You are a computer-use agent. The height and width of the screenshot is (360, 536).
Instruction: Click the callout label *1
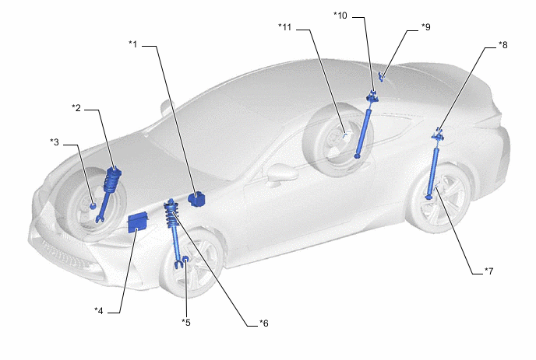click(132, 45)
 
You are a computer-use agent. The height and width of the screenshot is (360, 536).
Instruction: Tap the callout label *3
click(54, 142)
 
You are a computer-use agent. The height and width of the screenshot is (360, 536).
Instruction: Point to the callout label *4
click(99, 311)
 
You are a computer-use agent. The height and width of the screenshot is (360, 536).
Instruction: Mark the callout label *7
click(488, 271)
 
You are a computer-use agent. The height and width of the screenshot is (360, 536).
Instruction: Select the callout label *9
click(425, 27)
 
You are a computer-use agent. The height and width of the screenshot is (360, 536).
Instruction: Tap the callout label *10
click(341, 15)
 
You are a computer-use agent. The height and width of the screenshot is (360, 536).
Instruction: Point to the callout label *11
click(285, 27)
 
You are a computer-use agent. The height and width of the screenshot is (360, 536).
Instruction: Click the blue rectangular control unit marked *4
click(139, 221)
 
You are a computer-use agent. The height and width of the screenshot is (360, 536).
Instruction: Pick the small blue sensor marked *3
click(93, 206)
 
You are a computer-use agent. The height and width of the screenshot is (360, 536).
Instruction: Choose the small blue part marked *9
click(382, 75)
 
